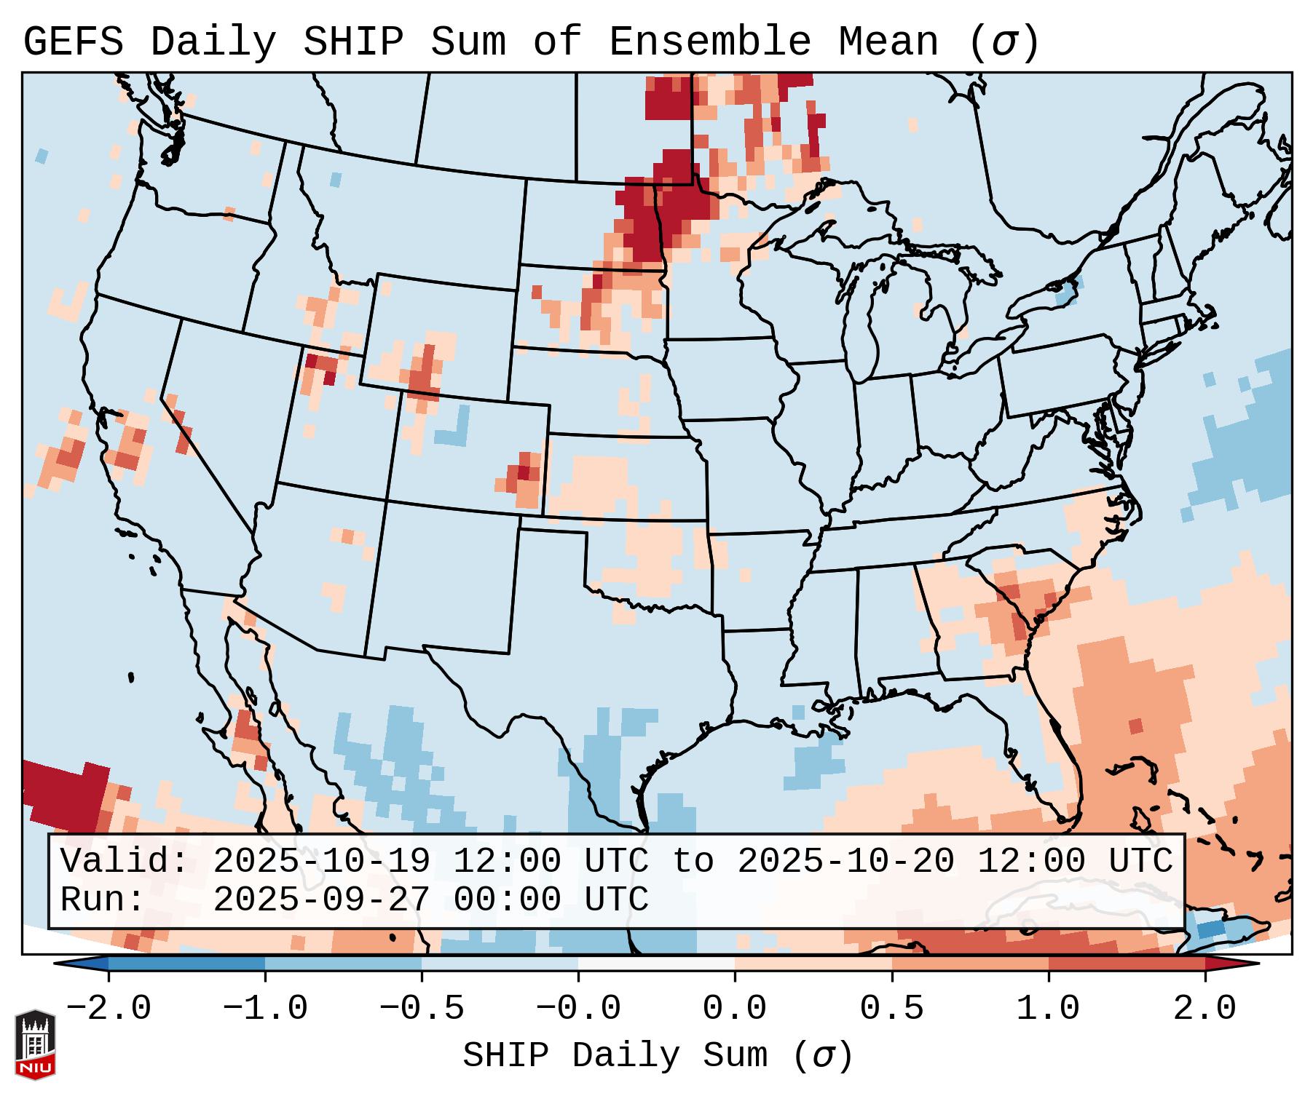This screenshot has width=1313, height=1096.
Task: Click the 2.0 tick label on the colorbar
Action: pos(1204,1009)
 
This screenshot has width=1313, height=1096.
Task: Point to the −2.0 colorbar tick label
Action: pos(109,1009)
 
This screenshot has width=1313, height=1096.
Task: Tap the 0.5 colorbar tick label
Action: pos(891,1009)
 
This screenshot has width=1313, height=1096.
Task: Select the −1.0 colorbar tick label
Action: pos(264,1009)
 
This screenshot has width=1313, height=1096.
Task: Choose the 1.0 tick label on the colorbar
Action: pos(1048,1009)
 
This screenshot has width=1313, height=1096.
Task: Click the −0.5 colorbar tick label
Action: pos(421,1009)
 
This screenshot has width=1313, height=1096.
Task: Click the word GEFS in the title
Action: pos(73,42)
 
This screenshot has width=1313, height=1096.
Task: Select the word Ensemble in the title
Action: pos(709,42)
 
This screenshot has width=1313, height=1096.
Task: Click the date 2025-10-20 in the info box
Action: pos(845,862)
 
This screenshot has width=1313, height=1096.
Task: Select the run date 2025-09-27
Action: pos(321,900)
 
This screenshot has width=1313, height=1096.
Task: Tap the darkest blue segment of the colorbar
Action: pos(186,964)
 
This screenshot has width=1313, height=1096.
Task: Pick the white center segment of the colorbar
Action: pos(656,964)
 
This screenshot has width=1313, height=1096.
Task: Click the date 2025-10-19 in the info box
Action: pos(321,862)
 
